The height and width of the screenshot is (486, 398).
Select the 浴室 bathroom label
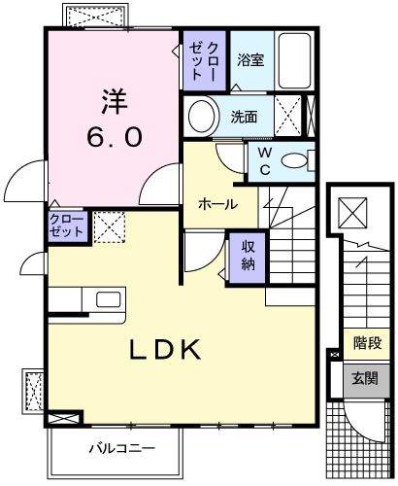coord(250,60)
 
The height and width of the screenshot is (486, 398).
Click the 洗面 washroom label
coord(244,118)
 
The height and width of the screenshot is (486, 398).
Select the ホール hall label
coord(216,204)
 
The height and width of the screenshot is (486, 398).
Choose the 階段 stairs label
coord(367,342)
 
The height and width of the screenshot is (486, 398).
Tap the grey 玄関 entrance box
coord(366,378)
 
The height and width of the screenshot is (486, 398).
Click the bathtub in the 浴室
coord(294,60)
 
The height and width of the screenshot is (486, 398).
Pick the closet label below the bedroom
coord(67,226)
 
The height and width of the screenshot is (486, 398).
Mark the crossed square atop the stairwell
coord(352,210)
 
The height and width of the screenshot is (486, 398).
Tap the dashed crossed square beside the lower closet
coord(107,227)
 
